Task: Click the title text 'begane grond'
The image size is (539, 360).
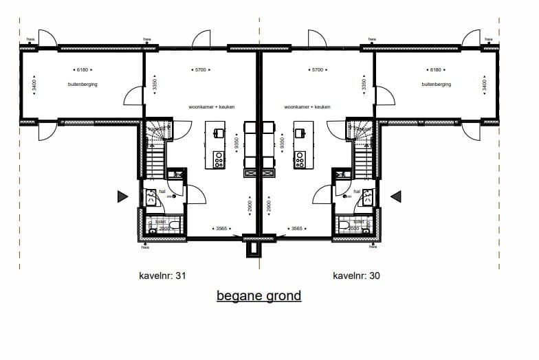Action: coord(258,296)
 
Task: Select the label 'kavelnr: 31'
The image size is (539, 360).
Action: coord(162,275)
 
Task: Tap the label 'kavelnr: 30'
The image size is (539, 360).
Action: coord(356,275)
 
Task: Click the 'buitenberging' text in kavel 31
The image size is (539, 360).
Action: coord(82,84)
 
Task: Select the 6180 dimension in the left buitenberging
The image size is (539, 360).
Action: coord(82,70)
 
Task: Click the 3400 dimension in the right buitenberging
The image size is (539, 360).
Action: coord(485,86)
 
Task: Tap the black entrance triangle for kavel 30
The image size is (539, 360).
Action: coord(396,197)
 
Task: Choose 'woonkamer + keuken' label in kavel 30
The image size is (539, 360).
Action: coord(307,107)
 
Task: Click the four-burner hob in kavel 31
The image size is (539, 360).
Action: coord(219,160)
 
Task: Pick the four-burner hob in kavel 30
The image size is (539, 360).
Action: coord(300,160)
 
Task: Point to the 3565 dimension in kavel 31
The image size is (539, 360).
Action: coord(220,228)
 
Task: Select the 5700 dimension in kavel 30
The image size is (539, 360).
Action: coord(318,70)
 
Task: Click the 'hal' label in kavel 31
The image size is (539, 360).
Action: coord(162,192)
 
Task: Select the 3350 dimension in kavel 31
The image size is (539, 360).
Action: coord(155,85)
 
